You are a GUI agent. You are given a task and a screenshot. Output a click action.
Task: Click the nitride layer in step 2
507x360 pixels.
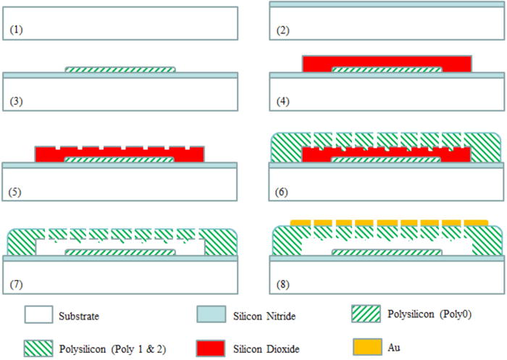[387, 4]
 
